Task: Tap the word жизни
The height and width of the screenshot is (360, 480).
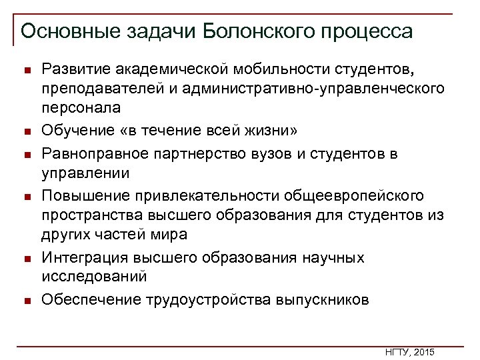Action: (277, 129)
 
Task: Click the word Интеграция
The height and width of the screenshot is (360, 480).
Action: (84, 257)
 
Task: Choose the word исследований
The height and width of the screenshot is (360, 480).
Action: (94, 276)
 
